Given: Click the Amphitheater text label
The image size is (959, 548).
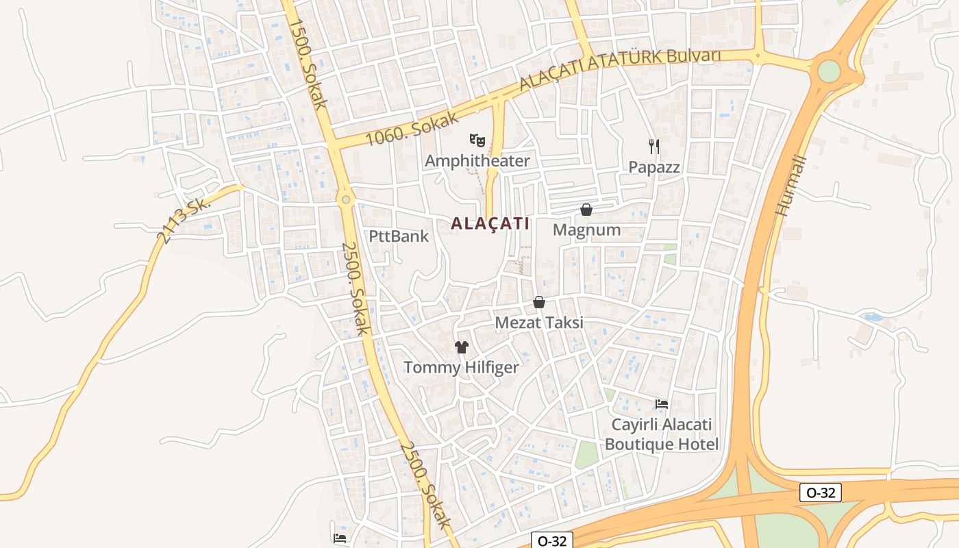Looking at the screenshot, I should tap(477, 161).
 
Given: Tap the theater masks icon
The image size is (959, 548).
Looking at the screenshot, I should tap(477, 141).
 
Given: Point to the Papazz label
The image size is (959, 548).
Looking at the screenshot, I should tap(654, 166).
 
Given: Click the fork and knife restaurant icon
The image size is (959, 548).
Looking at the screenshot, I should tap(654, 146).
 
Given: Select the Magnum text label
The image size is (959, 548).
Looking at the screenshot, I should tap(586, 229).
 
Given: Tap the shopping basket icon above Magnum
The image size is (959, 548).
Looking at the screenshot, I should tap(586, 210).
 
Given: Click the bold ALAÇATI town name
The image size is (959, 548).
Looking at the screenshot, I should tap(490, 223).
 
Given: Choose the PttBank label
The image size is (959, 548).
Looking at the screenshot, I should tap(399, 236).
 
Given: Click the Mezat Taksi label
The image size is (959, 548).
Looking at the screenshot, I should tap(539, 322).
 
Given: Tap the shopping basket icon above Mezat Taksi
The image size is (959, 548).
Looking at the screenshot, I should tap(539, 302).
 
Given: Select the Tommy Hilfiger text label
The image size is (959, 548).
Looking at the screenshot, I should tap(461, 367).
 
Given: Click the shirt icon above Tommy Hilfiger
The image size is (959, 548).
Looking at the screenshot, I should tap(461, 347).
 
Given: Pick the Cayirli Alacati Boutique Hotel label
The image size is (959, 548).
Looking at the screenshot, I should tap(662, 434).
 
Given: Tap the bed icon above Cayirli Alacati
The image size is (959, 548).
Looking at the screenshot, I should tap(662, 404).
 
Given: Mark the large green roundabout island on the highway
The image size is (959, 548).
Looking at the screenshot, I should tap(829, 71).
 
